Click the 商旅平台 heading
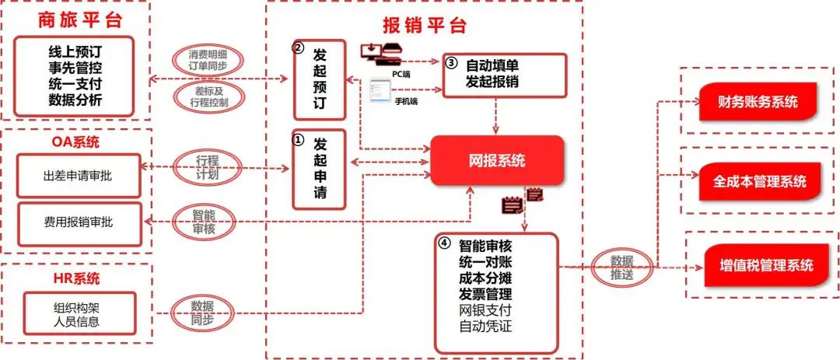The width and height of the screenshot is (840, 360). click(x=80, y=20)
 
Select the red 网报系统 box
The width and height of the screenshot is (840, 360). click(x=497, y=160)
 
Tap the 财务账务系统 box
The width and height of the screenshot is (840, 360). click(x=758, y=102)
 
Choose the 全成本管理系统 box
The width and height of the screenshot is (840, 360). click(x=760, y=182)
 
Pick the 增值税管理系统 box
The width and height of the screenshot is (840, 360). click(x=766, y=265)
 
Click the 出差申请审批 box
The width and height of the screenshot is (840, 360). click(x=79, y=176)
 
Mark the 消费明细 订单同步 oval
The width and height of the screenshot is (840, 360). click(x=208, y=61)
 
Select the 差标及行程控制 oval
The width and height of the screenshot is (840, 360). click(x=208, y=96)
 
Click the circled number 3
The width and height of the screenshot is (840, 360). click(x=451, y=63)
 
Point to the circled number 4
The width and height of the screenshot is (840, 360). click(x=444, y=243)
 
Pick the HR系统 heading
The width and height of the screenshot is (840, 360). click(x=76, y=278)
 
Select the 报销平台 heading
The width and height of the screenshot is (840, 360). click(x=425, y=25)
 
